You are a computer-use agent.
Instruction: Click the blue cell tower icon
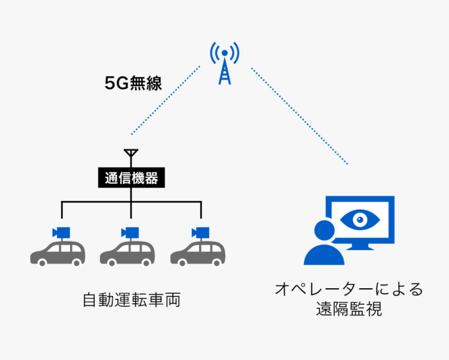[224, 63]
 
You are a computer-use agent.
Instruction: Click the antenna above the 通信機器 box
[131, 156]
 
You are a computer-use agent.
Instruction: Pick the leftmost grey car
[58, 253]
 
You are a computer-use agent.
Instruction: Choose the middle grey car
[127, 253]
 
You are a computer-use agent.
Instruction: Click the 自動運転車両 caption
[131, 300]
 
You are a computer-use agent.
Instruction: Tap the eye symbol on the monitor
[360, 219]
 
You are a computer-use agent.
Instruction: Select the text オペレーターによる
[349, 289]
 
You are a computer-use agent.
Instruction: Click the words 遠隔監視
[349, 309]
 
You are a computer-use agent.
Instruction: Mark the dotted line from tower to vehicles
[165, 101]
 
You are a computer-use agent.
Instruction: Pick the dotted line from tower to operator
[299, 116]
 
